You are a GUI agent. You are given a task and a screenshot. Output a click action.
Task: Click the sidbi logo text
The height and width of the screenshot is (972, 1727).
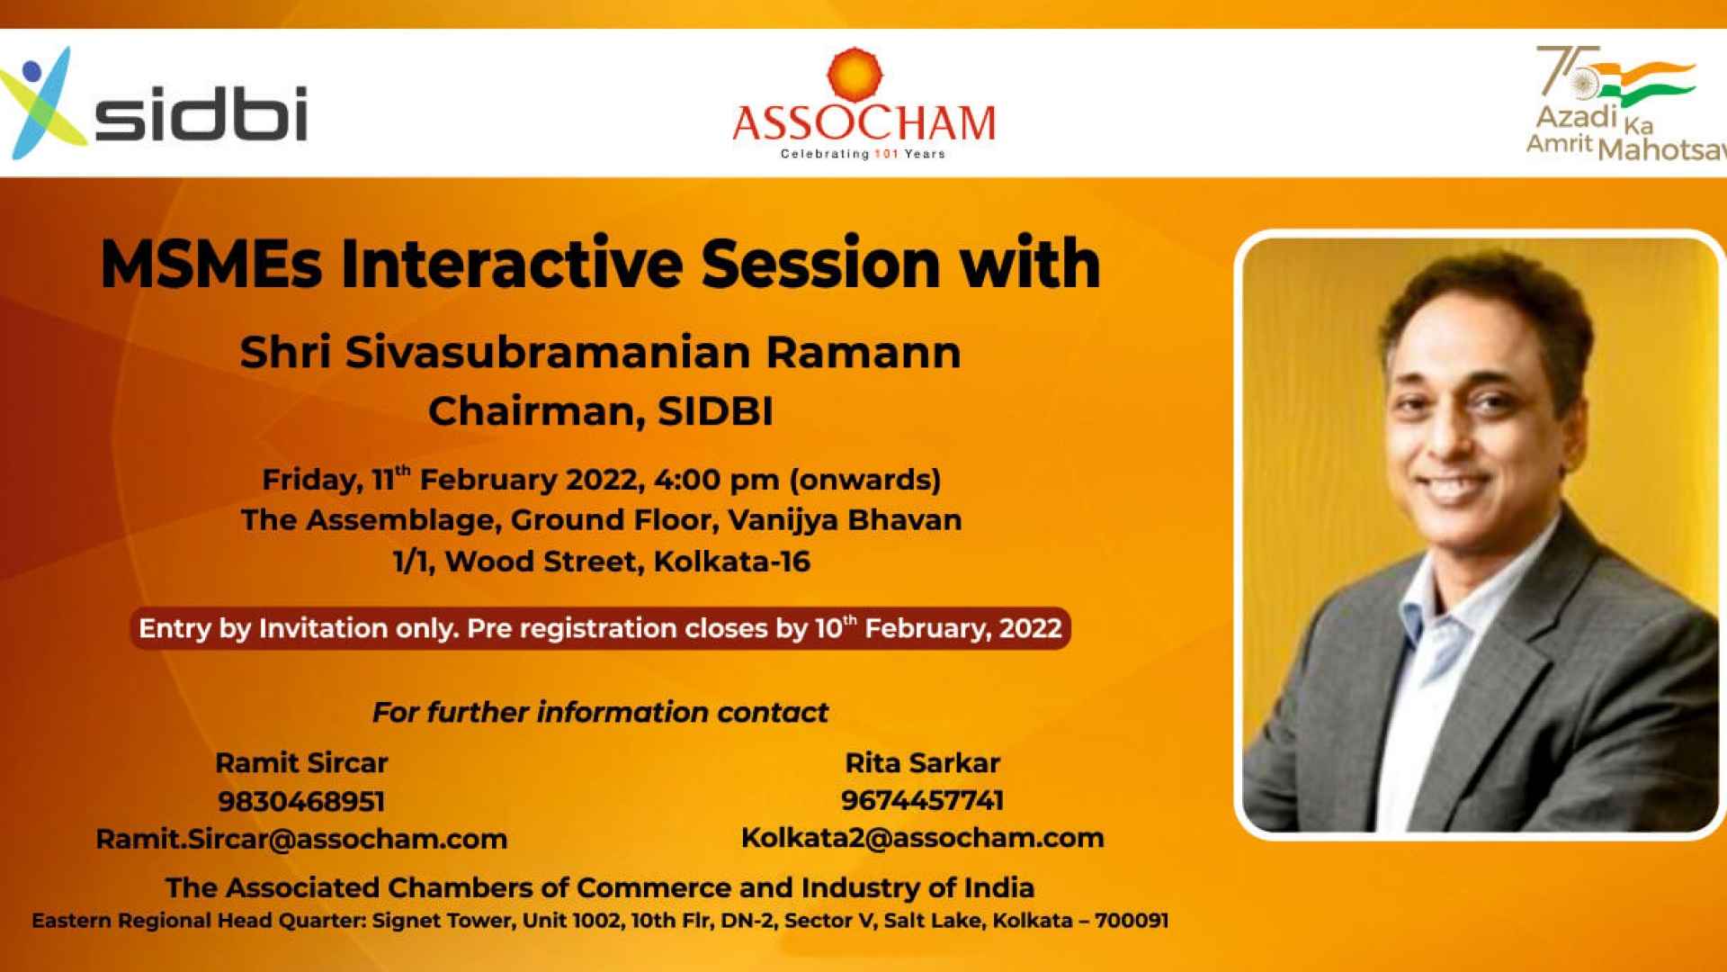click(x=201, y=113)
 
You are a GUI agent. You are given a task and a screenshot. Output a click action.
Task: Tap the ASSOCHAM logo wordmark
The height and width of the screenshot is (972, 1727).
click(x=864, y=123)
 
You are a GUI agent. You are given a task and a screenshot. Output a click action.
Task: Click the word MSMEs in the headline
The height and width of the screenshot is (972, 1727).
click(x=210, y=264)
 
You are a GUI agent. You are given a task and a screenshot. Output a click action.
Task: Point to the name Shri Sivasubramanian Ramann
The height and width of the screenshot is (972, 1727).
click(x=600, y=352)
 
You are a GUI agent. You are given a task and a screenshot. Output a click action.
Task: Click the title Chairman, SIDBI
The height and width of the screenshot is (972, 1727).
click(x=601, y=411)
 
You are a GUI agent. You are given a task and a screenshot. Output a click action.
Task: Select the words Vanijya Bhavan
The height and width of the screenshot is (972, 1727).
click(x=845, y=520)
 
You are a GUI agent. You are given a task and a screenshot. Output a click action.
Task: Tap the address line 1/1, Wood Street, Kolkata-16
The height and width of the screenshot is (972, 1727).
click(x=602, y=562)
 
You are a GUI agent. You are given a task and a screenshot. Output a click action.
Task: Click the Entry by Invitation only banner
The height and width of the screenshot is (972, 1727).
click(x=600, y=628)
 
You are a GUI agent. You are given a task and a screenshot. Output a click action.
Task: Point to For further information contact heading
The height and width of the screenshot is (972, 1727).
click(x=600, y=713)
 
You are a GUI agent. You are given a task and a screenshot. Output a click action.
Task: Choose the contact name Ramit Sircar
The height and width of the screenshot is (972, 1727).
click(x=301, y=763)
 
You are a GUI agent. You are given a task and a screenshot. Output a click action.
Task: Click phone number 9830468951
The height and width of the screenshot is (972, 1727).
click(x=301, y=801)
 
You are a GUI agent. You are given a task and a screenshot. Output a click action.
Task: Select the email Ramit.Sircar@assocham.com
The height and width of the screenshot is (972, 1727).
click(x=301, y=839)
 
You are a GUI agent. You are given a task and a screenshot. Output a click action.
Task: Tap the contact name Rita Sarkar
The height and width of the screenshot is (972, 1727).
click(x=922, y=763)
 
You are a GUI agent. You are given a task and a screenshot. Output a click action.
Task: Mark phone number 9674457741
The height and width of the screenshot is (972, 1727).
click(x=922, y=800)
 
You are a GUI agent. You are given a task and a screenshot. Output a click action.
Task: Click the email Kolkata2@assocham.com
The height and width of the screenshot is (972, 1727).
click(x=922, y=838)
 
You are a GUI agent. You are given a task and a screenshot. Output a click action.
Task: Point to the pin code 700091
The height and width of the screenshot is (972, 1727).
click(x=1132, y=921)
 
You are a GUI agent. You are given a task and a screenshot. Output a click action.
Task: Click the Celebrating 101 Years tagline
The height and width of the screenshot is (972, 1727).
click(x=863, y=154)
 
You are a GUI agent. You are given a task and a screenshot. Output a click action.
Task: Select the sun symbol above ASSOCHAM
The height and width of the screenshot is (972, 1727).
click(x=855, y=74)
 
